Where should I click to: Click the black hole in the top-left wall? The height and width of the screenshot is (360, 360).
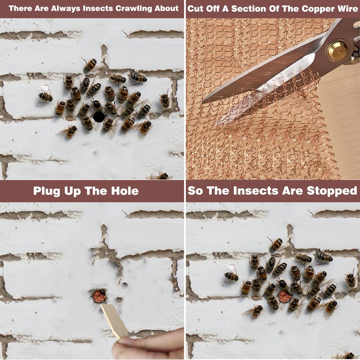pos(99,117)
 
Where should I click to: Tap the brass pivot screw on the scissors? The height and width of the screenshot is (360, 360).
pos(338,50)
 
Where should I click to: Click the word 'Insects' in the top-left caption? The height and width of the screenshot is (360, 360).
pos(98,9)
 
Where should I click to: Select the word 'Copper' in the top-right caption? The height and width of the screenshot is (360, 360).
pos(318,9)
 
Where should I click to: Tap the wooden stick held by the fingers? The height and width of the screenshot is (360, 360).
pos(115,321)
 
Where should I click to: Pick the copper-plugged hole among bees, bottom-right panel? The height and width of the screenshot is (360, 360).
pos(285,296)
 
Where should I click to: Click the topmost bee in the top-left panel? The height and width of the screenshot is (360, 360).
pos(89,64)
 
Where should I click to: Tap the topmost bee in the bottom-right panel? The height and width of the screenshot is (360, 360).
pos(275,244)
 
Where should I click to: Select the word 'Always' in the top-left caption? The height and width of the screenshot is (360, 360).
pos(66,9)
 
